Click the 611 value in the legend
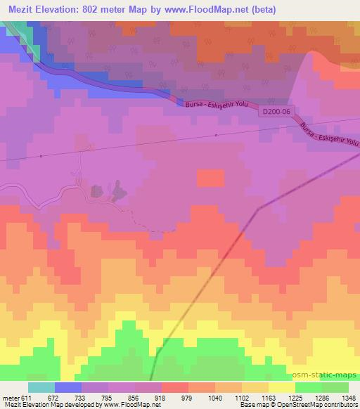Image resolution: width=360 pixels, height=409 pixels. [x=25, y=397]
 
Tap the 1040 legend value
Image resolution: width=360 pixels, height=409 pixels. [x=215, y=397]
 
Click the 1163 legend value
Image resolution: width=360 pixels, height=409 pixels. [x=269, y=397]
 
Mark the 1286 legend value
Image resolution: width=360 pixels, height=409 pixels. [x=322, y=397]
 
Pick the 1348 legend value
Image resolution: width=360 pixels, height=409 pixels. [x=349, y=397]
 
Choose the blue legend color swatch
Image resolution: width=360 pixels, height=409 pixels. [x=67, y=387]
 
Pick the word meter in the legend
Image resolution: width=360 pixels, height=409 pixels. [x=9, y=397]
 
